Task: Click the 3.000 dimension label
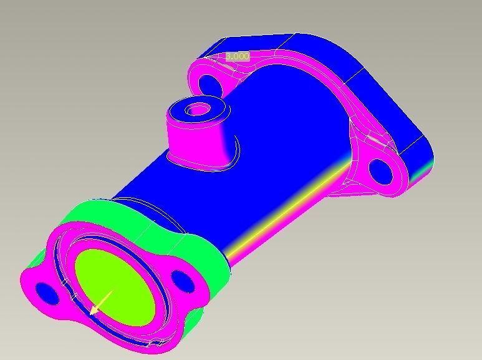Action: [x=237, y=56]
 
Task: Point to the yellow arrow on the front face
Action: [x=100, y=301]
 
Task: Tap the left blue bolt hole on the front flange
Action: [x=46, y=292]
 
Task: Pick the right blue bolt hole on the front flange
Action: [x=181, y=281]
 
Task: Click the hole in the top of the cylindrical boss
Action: [x=198, y=110]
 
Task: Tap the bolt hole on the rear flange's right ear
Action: [x=379, y=170]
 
